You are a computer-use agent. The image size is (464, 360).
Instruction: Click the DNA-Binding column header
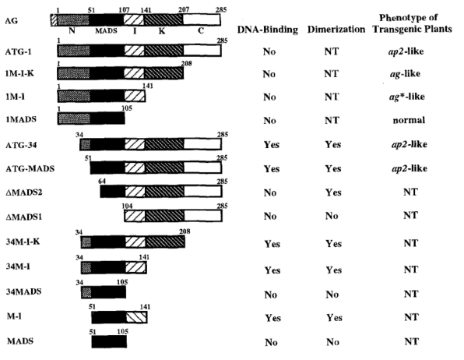click(x=267, y=30)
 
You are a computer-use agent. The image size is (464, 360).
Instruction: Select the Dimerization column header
click(x=336, y=29)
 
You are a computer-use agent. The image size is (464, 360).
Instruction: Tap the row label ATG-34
click(x=21, y=145)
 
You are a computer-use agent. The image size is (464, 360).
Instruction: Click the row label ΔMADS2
click(x=24, y=192)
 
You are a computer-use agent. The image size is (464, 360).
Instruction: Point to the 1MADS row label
click(x=21, y=119)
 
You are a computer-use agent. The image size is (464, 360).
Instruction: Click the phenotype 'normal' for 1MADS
click(x=409, y=120)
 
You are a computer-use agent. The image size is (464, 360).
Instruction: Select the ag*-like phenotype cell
click(x=407, y=97)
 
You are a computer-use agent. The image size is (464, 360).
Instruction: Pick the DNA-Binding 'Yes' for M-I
click(x=272, y=318)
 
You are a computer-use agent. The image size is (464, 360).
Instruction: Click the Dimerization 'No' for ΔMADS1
click(x=332, y=216)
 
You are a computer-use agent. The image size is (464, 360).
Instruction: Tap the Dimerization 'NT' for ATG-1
click(x=332, y=51)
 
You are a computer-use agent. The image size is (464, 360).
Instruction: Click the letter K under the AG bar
click(x=162, y=31)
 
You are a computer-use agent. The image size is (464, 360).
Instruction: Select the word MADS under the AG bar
click(x=106, y=31)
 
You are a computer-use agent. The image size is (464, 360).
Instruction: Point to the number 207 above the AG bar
click(x=184, y=10)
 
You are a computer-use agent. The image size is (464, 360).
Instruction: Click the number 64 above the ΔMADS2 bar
click(x=102, y=181)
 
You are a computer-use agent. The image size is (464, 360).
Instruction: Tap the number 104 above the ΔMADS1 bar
click(x=127, y=206)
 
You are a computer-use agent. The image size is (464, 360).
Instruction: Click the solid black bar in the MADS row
click(x=109, y=341)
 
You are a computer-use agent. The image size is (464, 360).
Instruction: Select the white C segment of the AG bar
click(x=202, y=19)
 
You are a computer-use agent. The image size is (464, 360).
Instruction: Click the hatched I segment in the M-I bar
click(x=136, y=318)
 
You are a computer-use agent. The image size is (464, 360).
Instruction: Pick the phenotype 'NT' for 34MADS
click(x=411, y=294)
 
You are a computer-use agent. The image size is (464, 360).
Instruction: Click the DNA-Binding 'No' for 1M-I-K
click(x=269, y=74)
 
